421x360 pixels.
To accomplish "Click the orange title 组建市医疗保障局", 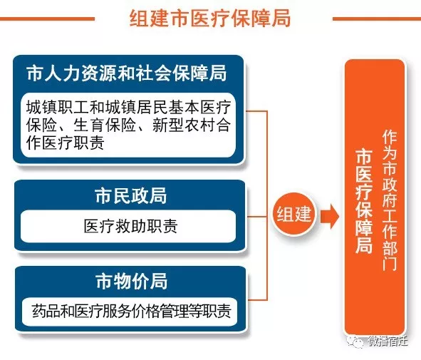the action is tap(209, 18).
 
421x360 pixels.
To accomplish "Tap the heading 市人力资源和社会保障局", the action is tap(127, 73).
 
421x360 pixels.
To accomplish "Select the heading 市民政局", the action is tap(131, 195).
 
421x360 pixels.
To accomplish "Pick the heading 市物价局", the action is tap(132, 281).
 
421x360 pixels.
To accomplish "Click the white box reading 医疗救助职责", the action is tap(128, 227).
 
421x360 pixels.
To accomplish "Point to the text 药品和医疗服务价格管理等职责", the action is tap(131, 311).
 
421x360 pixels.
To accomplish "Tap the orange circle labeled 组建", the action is tap(294, 214).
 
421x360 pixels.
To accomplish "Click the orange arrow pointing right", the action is tap(330, 216).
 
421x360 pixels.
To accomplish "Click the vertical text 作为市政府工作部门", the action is tap(390, 200).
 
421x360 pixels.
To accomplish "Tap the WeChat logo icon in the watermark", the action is tap(355, 341).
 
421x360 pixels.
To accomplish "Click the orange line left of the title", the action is tap(47, 19).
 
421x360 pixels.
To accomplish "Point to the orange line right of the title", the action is tap(377, 19).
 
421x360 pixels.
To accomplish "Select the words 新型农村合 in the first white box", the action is tap(191, 125).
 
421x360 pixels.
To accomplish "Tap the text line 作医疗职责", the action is tap(66, 143).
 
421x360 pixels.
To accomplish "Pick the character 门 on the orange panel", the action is tap(390, 263).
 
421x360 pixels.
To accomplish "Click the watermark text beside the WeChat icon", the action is tap(388, 341).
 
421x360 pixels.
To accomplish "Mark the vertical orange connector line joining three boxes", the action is tap(267, 205).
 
